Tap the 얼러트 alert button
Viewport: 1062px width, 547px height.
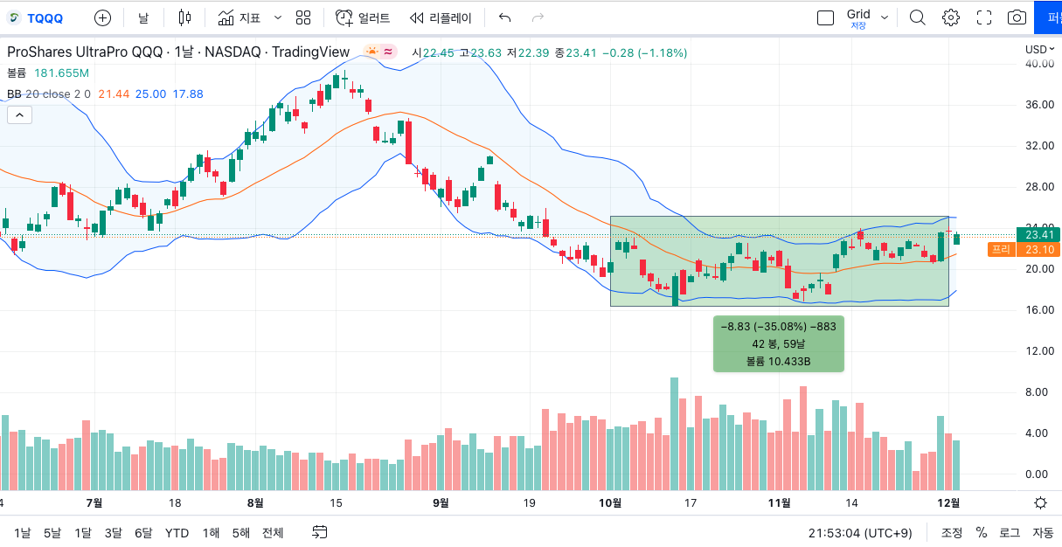[364, 17]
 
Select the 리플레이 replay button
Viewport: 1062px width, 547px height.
[441, 17]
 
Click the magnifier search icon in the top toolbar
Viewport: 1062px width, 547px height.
[917, 17]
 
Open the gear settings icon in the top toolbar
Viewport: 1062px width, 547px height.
[950, 17]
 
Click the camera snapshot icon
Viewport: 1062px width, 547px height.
[1017, 17]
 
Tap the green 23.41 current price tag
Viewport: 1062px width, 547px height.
[1038, 234]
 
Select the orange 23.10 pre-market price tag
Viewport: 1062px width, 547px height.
[1038, 250]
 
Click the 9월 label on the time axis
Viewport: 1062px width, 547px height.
[441, 503]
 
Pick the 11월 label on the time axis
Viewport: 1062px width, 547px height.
[779, 503]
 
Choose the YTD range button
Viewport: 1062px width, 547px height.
[177, 532]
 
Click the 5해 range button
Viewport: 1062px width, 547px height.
[240, 532]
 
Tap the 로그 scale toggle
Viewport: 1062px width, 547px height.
[1010, 532]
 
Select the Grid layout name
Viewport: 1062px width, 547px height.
[857, 14]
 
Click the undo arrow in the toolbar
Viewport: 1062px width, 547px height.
[504, 17]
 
